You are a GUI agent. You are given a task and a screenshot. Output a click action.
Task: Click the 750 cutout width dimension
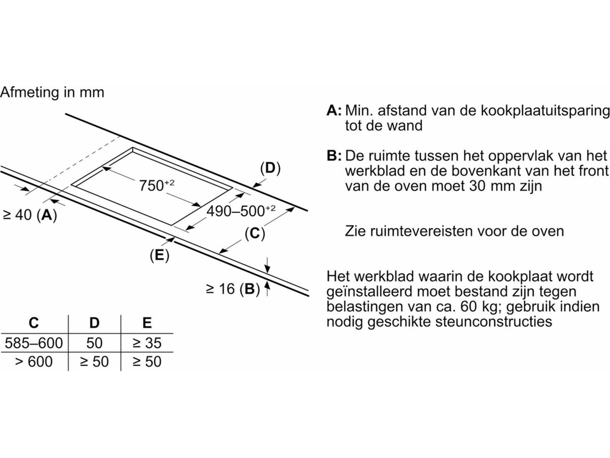(x=157, y=185)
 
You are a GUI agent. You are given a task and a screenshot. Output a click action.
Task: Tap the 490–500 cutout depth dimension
(x=241, y=211)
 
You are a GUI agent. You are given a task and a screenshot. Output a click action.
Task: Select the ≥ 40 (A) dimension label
(x=30, y=215)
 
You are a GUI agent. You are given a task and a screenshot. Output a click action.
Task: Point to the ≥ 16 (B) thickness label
(x=233, y=289)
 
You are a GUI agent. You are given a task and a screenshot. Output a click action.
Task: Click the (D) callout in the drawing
(x=270, y=168)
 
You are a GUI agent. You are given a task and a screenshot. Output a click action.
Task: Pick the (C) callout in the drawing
(x=255, y=234)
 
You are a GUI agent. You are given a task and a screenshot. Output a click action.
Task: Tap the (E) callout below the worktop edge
(x=159, y=255)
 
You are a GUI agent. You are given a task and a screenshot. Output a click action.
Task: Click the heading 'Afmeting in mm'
(x=52, y=92)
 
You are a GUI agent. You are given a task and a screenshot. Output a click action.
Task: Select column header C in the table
(x=34, y=323)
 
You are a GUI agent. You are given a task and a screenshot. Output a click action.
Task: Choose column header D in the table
(x=94, y=323)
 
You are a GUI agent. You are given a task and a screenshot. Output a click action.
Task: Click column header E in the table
(x=147, y=323)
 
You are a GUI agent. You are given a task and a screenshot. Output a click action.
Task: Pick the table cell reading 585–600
(x=34, y=343)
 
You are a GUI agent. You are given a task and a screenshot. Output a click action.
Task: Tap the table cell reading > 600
(x=34, y=362)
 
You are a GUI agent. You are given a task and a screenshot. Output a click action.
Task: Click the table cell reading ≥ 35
(x=147, y=343)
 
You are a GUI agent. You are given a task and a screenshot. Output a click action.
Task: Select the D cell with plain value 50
(x=94, y=343)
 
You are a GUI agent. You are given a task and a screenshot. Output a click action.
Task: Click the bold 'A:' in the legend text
(x=334, y=110)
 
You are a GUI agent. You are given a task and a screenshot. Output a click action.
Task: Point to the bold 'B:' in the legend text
(x=334, y=156)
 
